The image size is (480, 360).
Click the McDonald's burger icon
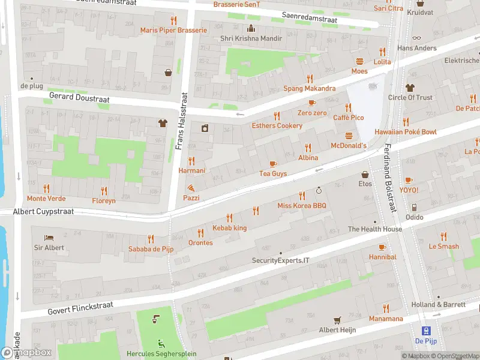coord(349,136)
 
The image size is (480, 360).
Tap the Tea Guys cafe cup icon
coord(273,164)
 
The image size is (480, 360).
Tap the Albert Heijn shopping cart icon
coord(337,320)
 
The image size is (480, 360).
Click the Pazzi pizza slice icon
coord(191,188)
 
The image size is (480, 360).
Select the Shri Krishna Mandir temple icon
coord(251,28)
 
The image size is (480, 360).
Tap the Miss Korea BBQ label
coord(301,206)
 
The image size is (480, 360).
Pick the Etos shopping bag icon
coord(365,175)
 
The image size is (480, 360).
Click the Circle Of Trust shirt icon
coord(410,88)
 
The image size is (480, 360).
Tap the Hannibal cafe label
coord(382,257)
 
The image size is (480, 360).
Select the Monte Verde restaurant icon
coord(46,188)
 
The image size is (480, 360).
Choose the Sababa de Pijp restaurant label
coord(151,249)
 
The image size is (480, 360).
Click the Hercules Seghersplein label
coord(161,354)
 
